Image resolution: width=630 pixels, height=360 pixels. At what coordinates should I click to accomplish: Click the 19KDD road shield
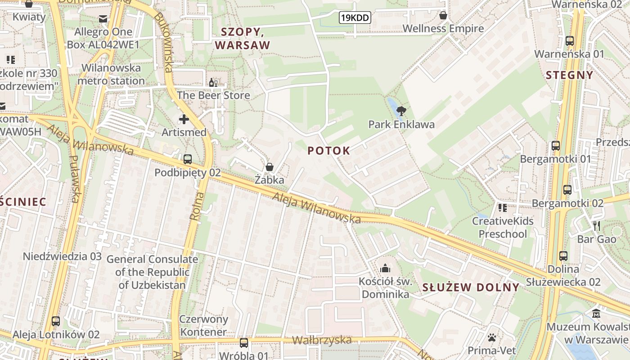(355, 18)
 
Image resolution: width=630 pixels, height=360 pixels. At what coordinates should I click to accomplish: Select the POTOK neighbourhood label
(328, 151)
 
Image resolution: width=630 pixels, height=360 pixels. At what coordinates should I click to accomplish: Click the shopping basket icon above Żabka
(270, 167)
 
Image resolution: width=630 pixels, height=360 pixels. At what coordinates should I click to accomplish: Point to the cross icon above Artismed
(184, 119)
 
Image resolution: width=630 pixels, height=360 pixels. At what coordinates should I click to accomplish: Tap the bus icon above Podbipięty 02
(188, 159)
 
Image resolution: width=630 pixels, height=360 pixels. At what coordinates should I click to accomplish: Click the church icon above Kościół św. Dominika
(385, 269)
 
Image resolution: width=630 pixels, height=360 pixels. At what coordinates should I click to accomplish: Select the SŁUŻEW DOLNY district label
(471, 288)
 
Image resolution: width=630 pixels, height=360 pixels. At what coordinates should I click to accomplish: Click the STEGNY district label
(570, 75)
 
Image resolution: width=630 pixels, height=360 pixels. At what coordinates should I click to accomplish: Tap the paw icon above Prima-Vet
(492, 337)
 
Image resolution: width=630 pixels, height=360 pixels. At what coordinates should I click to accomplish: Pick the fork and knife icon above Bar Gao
(597, 226)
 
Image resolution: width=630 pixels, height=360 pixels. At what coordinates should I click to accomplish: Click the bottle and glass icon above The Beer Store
(213, 83)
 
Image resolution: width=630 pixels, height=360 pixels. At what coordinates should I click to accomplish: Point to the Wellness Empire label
(443, 29)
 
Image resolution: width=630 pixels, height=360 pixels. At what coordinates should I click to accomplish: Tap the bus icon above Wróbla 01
(244, 342)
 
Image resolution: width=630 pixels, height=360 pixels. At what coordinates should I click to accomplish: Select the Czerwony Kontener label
(203, 325)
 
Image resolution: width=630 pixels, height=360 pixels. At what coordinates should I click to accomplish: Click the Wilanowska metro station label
(111, 75)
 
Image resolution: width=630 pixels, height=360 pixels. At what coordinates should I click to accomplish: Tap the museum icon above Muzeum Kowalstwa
(597, 313)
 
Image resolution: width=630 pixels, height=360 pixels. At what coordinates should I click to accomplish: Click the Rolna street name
(197, 206)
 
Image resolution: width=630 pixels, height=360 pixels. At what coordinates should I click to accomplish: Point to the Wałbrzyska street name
(322, 340)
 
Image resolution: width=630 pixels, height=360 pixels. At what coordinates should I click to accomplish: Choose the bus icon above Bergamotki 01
(556, 146)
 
